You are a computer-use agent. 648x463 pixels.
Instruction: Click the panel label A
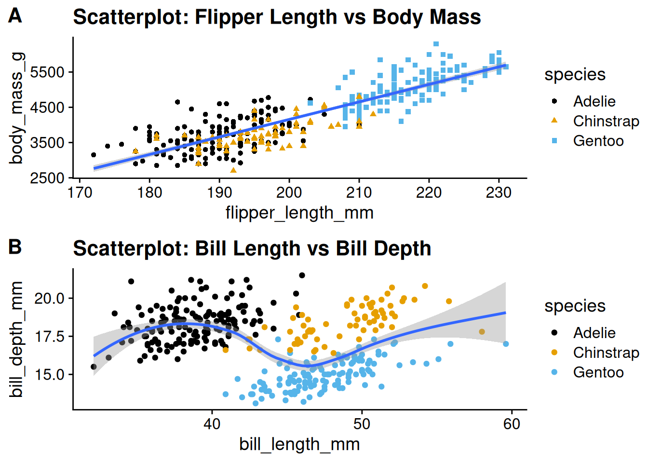click(x=15, y=16)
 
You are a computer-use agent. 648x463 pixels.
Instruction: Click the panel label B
click(x=15, y=247)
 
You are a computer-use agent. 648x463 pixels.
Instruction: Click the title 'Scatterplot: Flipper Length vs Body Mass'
click(x=277, y=17)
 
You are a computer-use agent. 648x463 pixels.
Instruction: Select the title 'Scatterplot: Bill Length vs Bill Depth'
click(x=252, y=248)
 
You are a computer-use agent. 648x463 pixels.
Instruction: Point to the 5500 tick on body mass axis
click(x=47, y=72)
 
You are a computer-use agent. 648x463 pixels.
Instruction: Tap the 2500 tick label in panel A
click(x=47, y=178)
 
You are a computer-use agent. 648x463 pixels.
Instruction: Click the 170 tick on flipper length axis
click(x=80, y=192)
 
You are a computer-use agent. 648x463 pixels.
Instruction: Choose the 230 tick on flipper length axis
click(x=499, y=192)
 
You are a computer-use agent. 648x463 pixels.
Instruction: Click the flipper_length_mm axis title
click(x=299, y=213)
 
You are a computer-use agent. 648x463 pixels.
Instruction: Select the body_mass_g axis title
click(x=16, y=109)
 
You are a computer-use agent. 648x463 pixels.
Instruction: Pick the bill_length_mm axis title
click(x=299, y=444)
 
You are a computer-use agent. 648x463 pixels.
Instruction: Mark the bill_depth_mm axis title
click(x=16, y=340)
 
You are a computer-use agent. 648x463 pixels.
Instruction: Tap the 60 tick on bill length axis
click(x=512, y=424)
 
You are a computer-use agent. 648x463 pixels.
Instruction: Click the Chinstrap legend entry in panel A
click(x=606, y=121)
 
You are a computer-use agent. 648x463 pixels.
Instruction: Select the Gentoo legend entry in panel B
click(x=598, y=372)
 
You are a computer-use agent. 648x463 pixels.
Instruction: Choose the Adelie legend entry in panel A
click(x=594, y=101)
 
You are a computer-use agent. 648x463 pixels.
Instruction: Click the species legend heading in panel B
click(x=575, y=306)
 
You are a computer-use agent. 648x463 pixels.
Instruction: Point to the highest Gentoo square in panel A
click(x=436, y=44)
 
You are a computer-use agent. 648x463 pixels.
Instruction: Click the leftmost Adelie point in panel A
click(x=94, y=155)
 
